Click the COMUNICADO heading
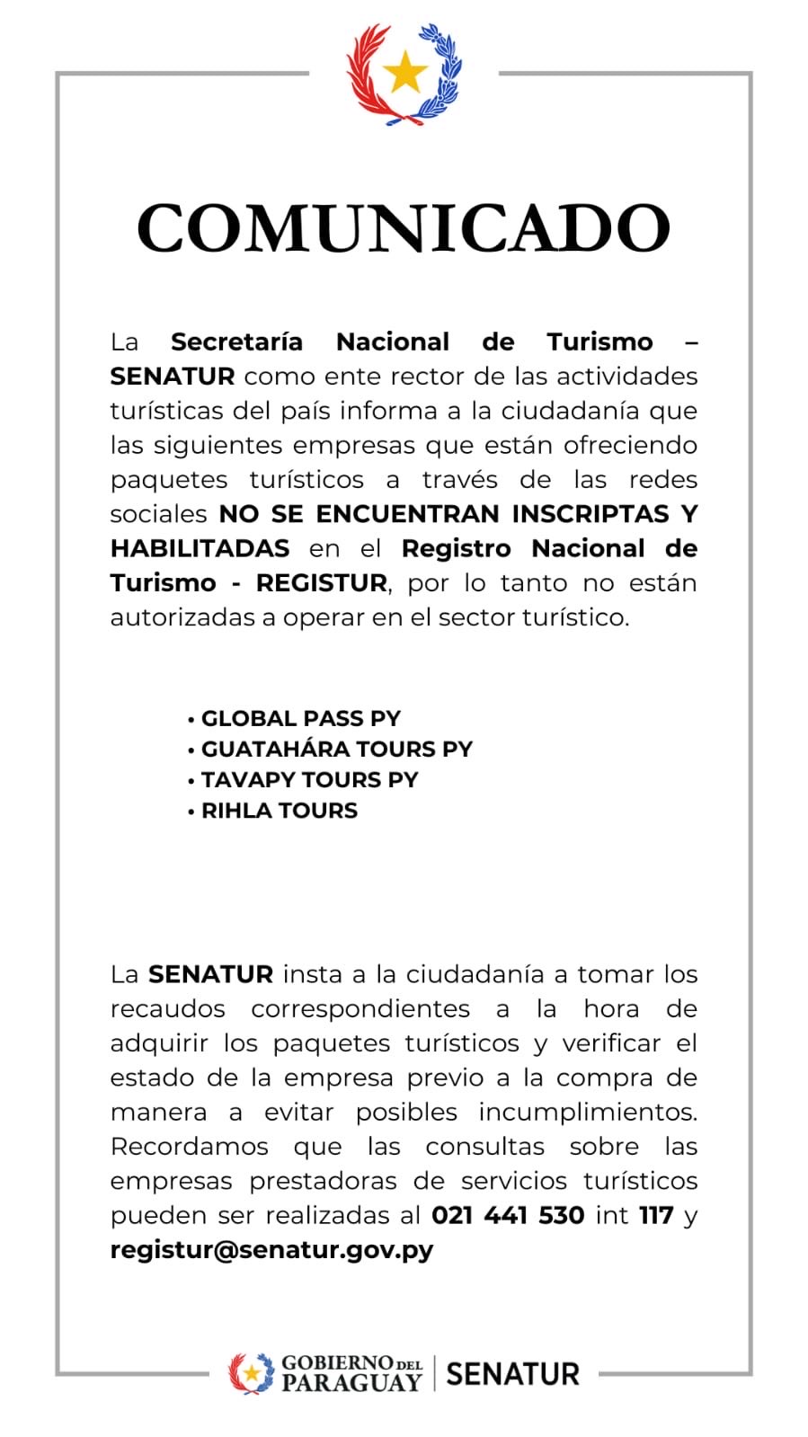[x=404, y=228]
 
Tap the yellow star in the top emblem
[x=404, y=72]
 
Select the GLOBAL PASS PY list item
[x=300, y=718]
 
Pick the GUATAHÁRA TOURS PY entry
[x=336, y=749]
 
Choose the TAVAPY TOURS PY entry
[x=309, y=779]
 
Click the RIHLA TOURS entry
[x=279, y=810]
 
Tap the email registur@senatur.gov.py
[x=271, y=1249]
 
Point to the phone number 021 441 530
[x=508, y=1215]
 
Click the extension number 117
[x=656, y=1215]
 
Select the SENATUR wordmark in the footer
[x=512, y=1373]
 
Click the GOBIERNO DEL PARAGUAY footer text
[x=351, y=1373]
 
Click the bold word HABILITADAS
[x=200, y=548]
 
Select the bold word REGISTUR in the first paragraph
[x=321, y=582]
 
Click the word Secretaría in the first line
[x=236, y=342]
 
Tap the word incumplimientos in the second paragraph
[x=587, y=1112]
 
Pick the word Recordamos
[x=189, y=1146]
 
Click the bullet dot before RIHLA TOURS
[x=191, y=812]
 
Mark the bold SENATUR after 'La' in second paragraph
[x=210, y=974]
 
